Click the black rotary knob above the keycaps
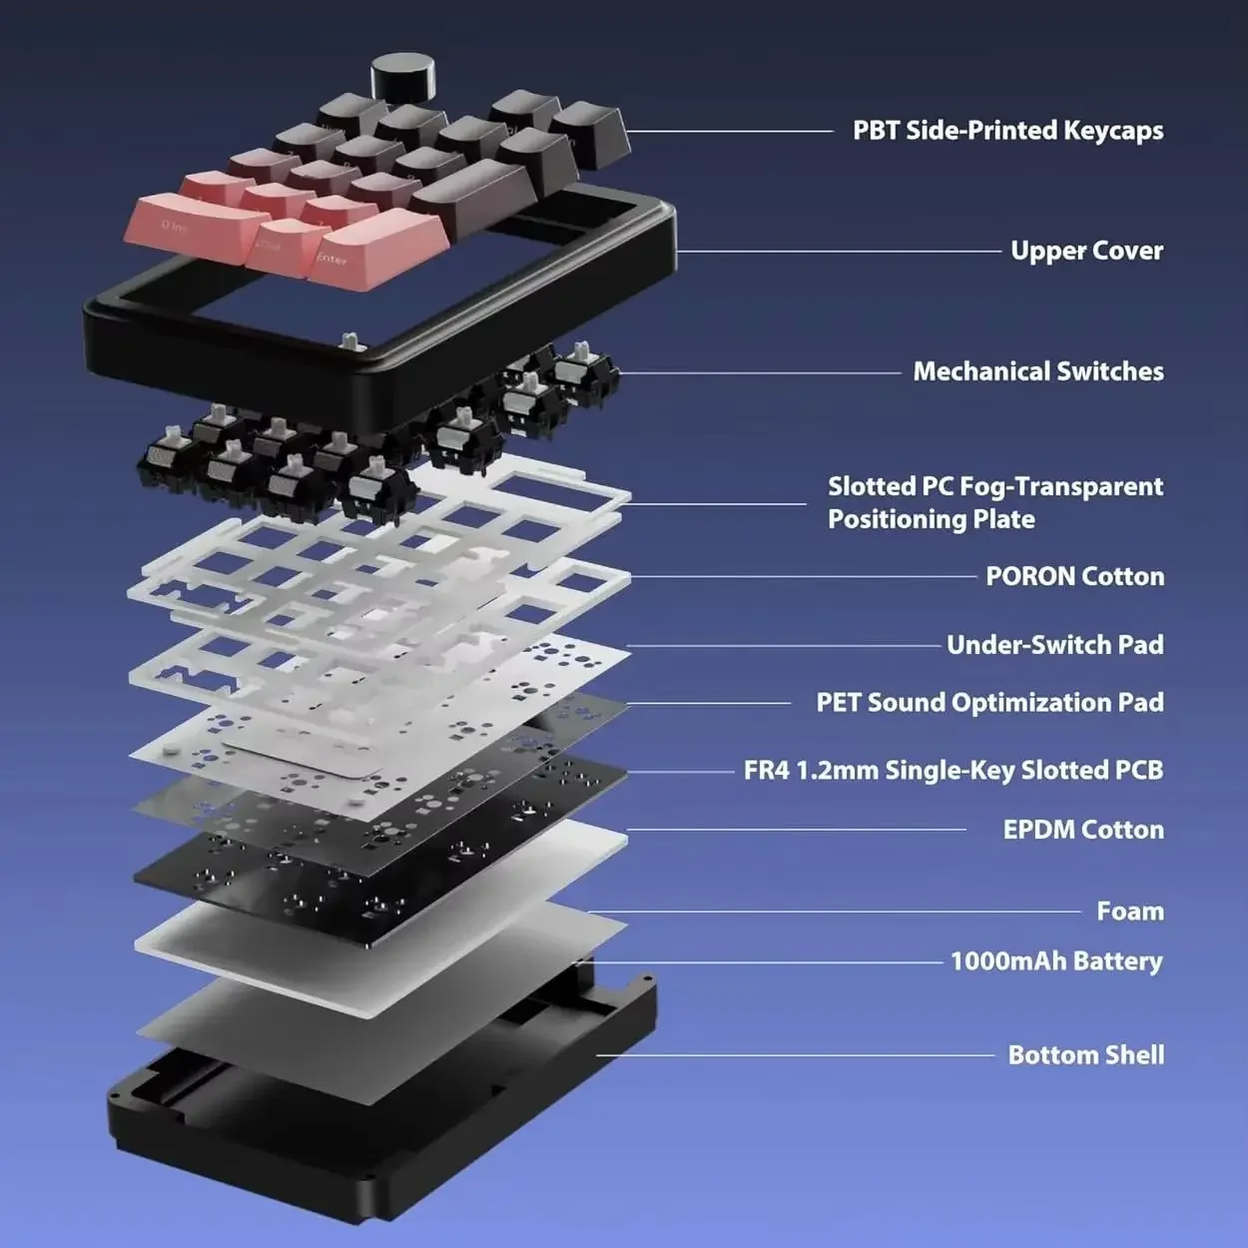[402, 80]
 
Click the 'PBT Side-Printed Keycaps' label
[1007, 131]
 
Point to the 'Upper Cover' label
[1086, 251]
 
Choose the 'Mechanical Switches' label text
[1038, 371]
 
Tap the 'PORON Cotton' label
[1074, 576]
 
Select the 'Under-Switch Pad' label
[1055, 645]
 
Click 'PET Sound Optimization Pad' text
[989, 703]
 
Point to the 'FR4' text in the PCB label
[767, 771]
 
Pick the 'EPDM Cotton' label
[1083, 830]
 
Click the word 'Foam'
[1130, 912]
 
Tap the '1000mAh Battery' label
[1056, 961]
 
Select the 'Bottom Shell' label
[1086, 1055]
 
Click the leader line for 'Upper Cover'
[839, 252]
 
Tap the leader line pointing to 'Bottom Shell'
[795, 1055]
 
